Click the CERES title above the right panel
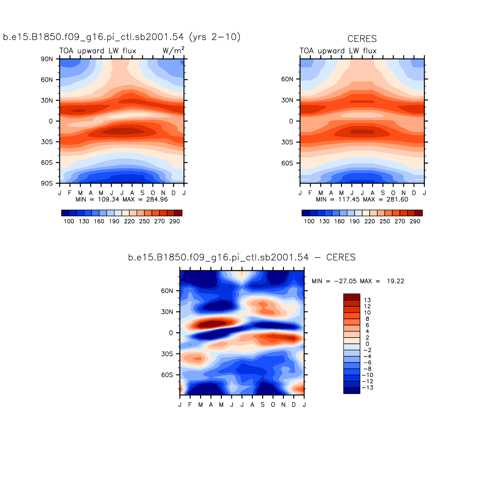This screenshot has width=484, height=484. tap(362, 39)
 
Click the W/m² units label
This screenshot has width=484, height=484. tap(173, 50)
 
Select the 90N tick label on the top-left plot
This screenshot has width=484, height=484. tap(47, 59)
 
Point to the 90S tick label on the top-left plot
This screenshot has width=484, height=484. tap(47, 184)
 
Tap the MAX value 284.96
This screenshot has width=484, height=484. tap(157, 199)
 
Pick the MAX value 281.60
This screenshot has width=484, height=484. tap(397, 199)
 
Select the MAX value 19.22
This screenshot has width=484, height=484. tap(395, 281)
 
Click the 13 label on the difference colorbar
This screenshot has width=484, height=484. tap(367, 300)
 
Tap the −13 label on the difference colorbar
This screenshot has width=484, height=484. tap(367, 387)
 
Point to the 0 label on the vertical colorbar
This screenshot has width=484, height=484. tap(367, 344)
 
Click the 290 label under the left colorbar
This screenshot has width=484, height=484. tap(175, 221)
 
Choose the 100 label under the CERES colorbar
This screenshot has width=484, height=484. tap(309, 221)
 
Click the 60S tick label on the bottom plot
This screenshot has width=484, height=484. tap(167, 375)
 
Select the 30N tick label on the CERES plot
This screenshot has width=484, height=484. tap(287, 100)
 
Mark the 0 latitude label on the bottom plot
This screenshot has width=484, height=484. tap(171, 333)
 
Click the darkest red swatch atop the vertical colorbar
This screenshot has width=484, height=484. tap(352, 297)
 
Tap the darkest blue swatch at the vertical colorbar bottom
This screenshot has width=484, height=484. tap(352, 391)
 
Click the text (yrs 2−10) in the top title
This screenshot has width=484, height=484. tap(215, 37)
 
